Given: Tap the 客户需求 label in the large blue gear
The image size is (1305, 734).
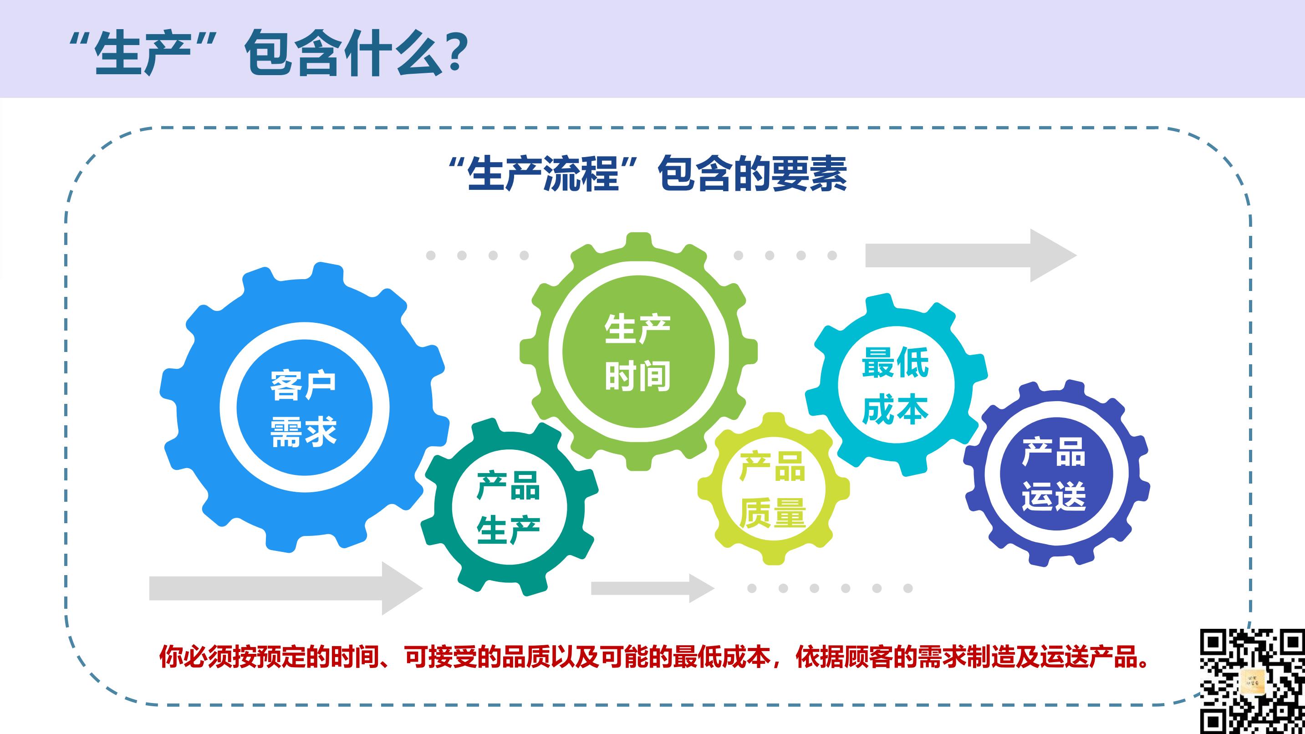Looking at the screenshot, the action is click(x=303, y=408).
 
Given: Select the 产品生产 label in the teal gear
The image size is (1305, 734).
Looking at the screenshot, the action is click(x=508, y=508).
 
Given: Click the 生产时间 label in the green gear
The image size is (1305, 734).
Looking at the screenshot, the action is click(x=638, y=352).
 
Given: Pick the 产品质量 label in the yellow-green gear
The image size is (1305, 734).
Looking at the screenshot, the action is click(x=772, y=489).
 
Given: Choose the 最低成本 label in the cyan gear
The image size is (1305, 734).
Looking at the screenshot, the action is click(x=895, y=386).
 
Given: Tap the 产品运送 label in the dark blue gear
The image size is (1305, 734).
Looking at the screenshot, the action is click(x=1054, y=474).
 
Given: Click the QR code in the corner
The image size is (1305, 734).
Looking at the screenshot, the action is click(x=1252, y=681).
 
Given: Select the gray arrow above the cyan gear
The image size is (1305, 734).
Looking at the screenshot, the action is click(x=971, y=255).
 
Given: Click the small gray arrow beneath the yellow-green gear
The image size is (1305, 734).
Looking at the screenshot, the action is click(x=653, y=588).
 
